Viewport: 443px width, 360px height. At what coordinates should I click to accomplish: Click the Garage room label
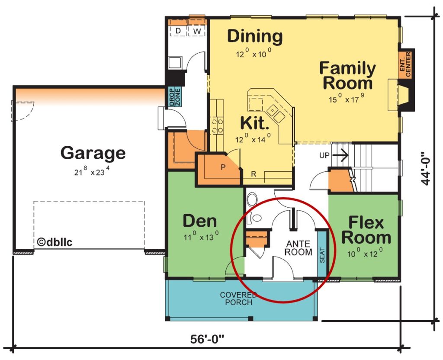pyautogui.click(x=93, y=153)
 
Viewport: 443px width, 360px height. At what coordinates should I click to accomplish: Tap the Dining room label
pyautogui.click(x=255, y=36)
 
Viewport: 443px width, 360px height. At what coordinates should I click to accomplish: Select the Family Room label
pyautogui.click(x=347, y=75)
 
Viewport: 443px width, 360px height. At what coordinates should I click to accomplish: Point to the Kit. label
pyautogui.click(x=254, y=123)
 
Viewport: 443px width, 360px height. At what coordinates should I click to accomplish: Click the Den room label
pyautogui.click(x=199, y=221)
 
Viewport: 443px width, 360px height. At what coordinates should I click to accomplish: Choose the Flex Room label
pyautogui.click(x=366, y=230)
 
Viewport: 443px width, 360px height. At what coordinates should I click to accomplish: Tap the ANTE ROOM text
pyautogui.click(x=299, y=248)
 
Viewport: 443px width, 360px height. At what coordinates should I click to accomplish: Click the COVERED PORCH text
pyautogui.click(x=238, y=298)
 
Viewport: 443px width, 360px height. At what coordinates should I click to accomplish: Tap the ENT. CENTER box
pyautogui.click(x=405, y=63)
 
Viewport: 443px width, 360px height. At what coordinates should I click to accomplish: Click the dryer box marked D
pyautogui.click(x=178, y=31)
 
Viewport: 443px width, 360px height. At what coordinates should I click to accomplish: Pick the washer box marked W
pyautogui.click(x=197, y=31)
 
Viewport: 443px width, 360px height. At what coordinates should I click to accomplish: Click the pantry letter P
pyautogui.click(x=223, y=167)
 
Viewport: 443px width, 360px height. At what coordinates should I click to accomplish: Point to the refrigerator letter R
pyautogui.click(x=254, y=174)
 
